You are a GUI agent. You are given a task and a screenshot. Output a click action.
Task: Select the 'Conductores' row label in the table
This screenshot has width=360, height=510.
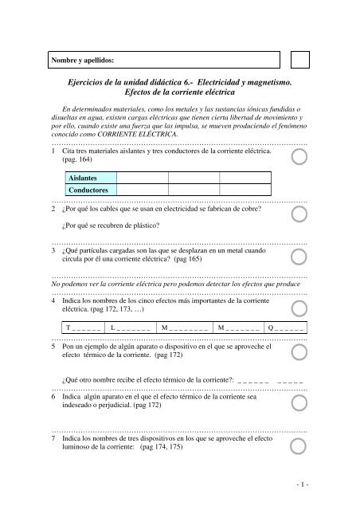click(87, 192)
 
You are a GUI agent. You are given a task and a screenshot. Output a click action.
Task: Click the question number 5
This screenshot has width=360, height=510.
click(53, 347)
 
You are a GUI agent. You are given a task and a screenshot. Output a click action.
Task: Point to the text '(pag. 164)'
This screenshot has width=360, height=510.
click(77, 160)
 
